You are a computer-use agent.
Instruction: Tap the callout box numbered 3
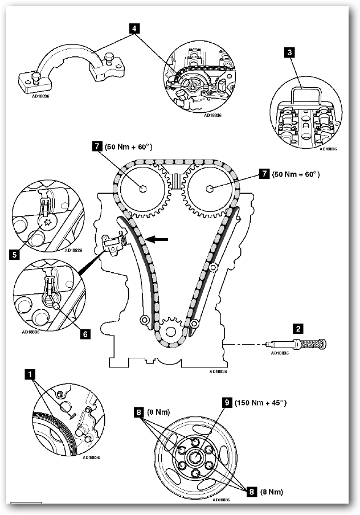pos(290,53)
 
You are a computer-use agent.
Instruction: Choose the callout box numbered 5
pos(14,255)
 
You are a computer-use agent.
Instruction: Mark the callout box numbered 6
pos(85,334)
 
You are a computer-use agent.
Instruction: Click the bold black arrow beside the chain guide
pos(161,240)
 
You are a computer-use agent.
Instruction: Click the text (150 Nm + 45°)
pos(261,403)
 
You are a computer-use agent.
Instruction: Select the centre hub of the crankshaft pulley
pos(195,457)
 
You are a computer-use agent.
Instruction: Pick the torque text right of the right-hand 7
pos(296,174)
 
